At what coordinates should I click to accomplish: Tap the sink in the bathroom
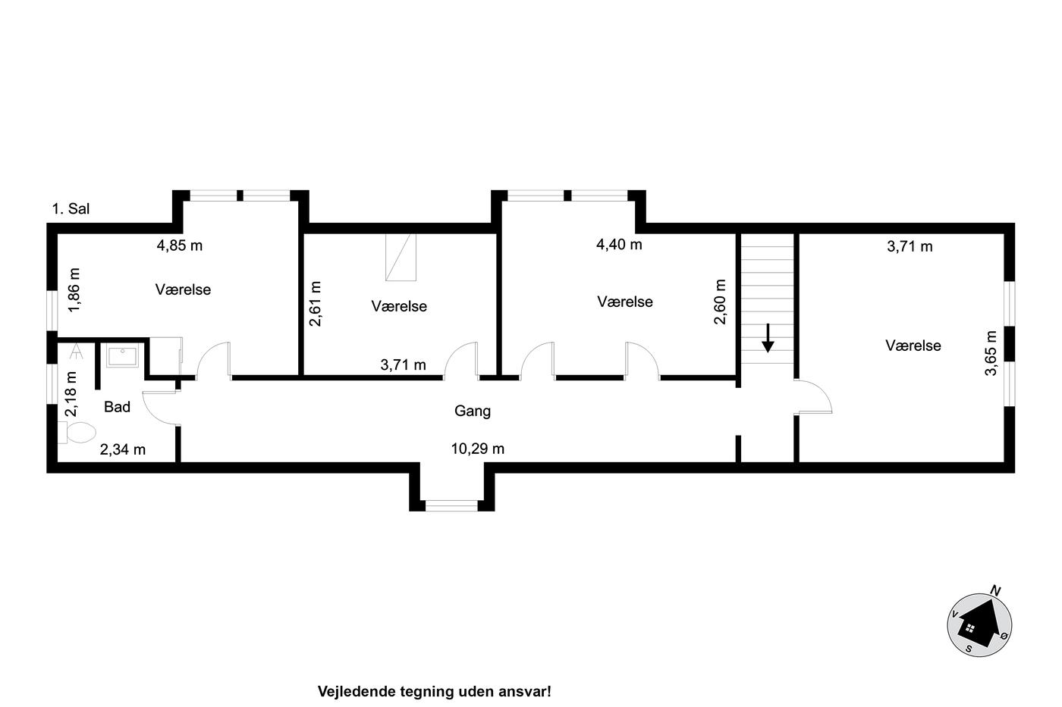coord(122,356)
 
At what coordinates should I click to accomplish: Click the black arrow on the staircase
coord(768,338)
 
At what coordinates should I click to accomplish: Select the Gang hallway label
coord(472,411)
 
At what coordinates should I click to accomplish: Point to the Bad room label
coord(117,407)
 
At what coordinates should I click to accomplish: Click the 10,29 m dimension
coord(477,449)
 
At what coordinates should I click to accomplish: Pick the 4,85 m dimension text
coord(180,246)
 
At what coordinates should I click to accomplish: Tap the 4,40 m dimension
coord(619,244)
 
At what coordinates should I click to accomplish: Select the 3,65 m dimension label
coord(991,353)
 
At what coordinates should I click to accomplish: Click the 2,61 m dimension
coord(315,304)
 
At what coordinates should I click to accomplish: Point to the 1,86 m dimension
coord(74,289)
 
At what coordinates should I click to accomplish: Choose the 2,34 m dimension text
coord(123,449)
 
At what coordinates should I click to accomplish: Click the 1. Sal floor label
coord(71,209)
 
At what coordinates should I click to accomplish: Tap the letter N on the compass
coord(995,590)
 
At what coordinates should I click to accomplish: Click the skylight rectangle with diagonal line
coord(401,257)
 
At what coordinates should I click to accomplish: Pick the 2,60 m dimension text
coord(720,302)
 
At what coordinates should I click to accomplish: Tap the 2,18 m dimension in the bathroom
coord(71,394)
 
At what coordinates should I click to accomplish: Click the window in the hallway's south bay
coord(451,505)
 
